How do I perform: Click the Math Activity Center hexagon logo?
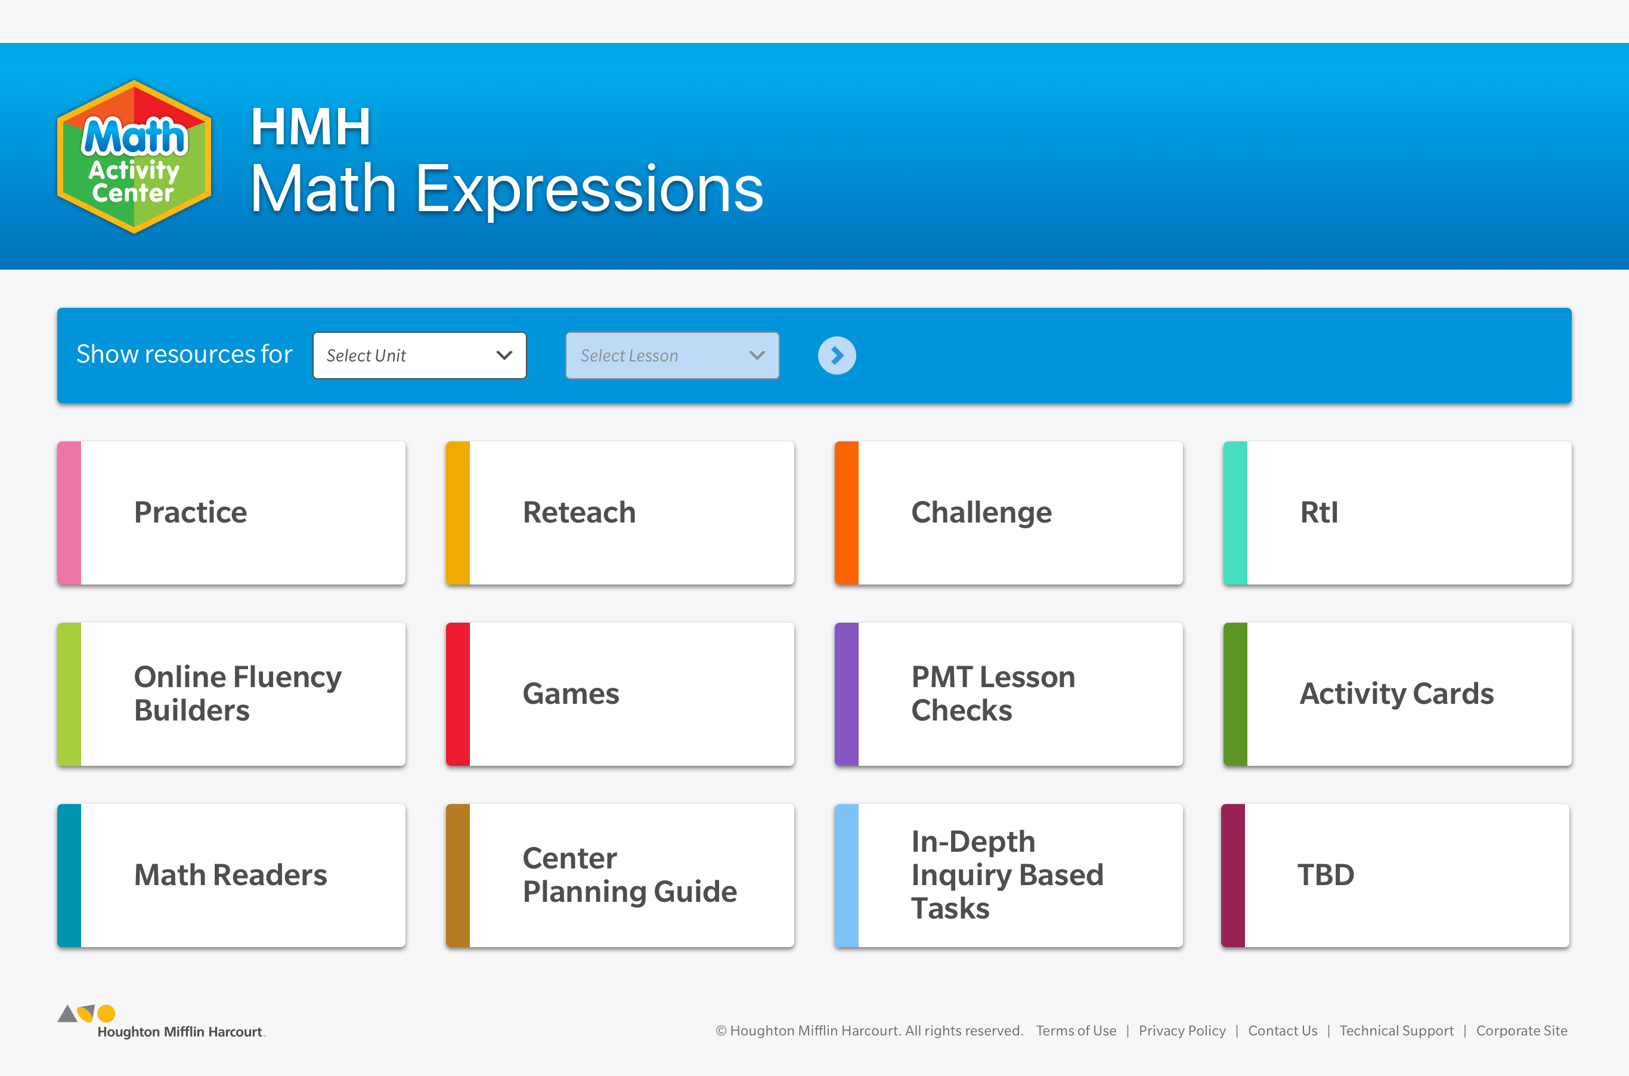(134, 156)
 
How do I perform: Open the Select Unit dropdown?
(419, 355)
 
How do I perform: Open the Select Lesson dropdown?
(672, 355)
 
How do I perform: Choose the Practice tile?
(231, 512)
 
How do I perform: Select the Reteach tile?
(620, 512)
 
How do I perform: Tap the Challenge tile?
(1009, 512)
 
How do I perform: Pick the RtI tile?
(1397, 512)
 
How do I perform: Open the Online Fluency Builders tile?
(231, 694)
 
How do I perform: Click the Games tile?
(620, 694)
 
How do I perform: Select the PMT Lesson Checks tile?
(1009, 694)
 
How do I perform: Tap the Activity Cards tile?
(1397, 694)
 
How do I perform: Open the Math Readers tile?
(231, 876)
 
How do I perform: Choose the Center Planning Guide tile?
(620, 876)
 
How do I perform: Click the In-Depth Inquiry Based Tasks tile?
(1009, 876)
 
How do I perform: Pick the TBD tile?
(1395, 876)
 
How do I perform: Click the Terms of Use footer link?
(1076, 1031)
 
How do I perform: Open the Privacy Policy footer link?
(1182, 1031)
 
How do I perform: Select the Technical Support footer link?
(1396, 1031)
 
